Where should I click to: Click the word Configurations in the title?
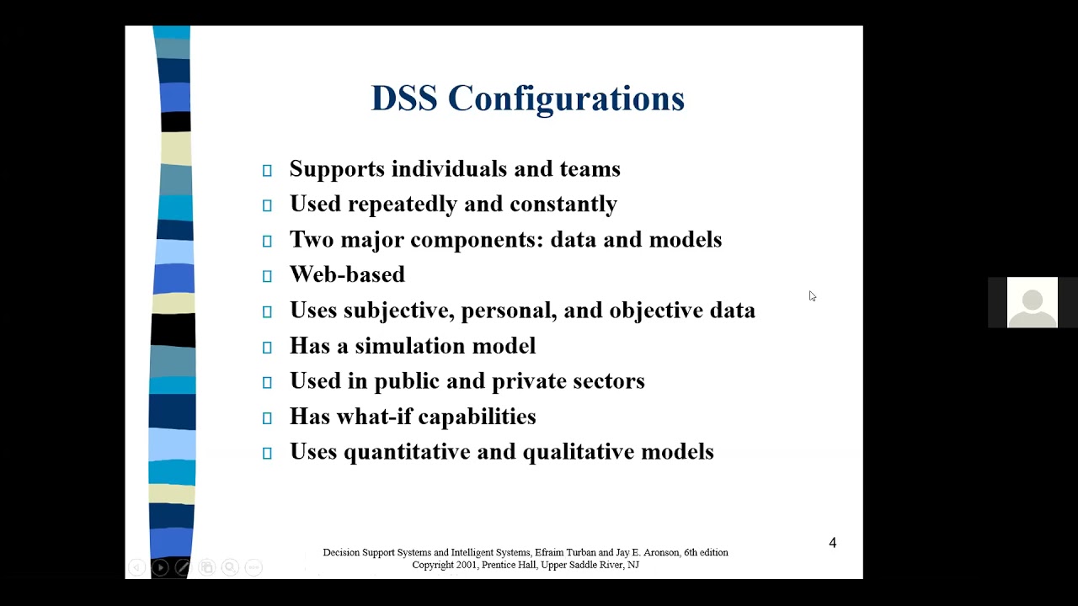(566, 99)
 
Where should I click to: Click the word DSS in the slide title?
(404, 98)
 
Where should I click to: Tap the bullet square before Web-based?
(267, 276)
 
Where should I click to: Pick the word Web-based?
(347, 275)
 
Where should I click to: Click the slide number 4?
(833, 543)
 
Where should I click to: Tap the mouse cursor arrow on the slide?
(811, 295)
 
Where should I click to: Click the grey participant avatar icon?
(1032, 302)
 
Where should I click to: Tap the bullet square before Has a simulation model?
(267, 347)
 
